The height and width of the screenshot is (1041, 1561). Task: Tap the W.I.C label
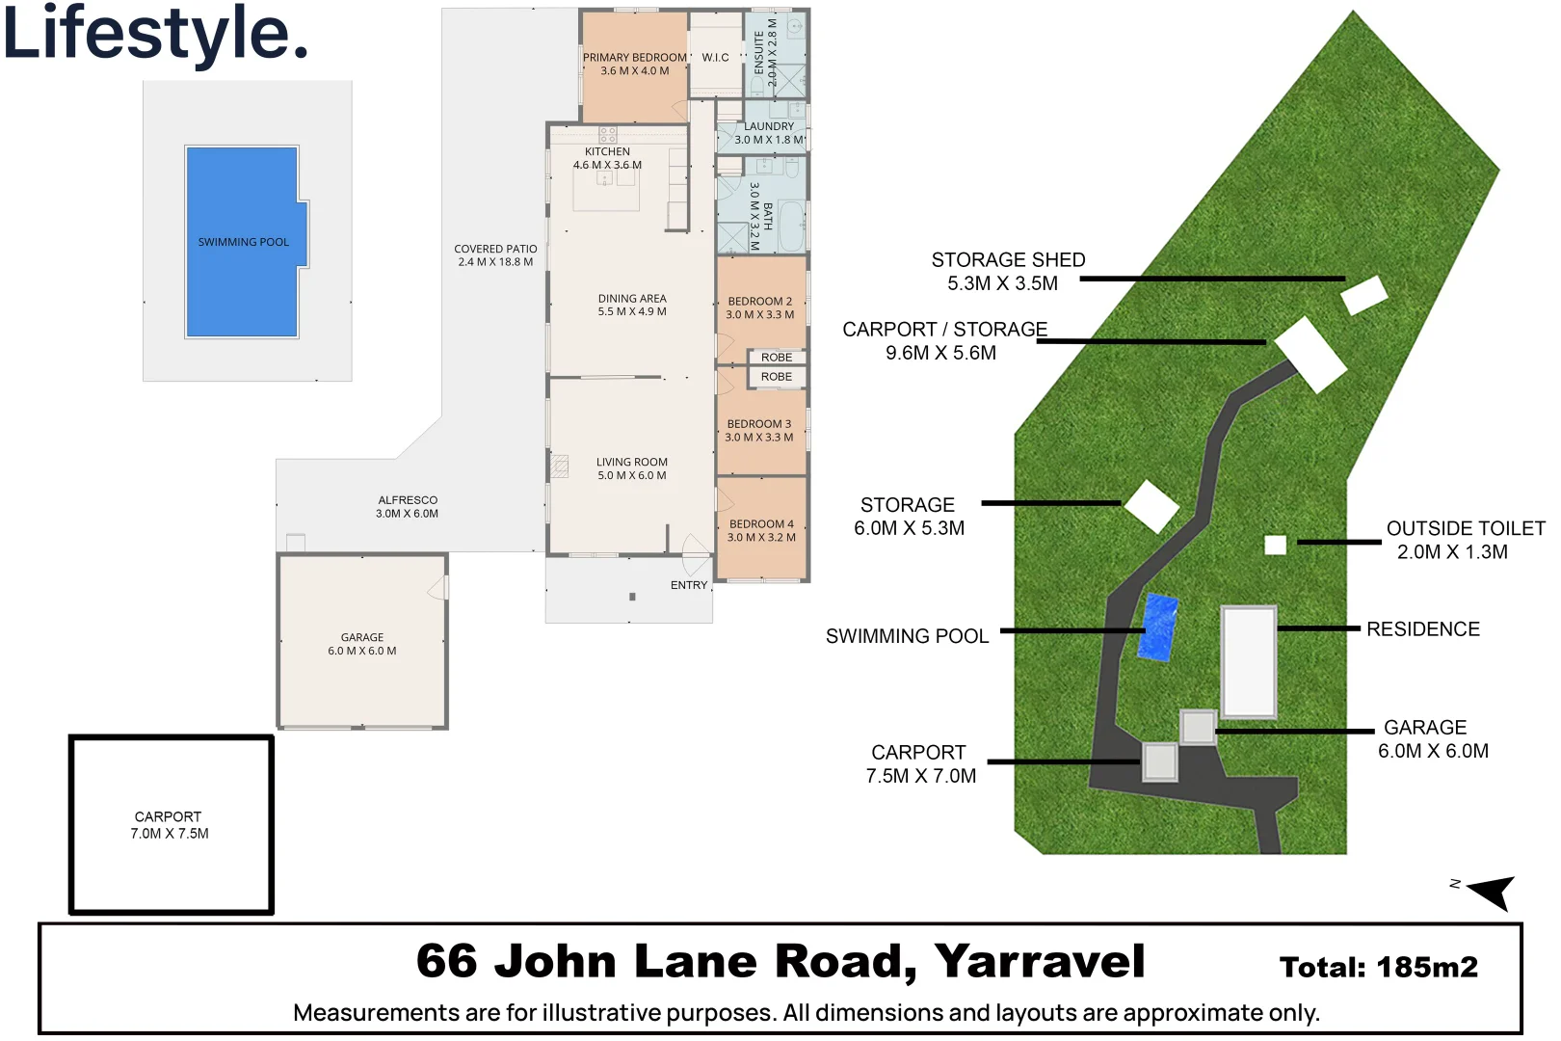tap(715, 58)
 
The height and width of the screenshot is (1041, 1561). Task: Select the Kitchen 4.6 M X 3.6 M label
tap(607, 158)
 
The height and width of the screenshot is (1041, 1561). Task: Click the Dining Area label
tap(632, 305)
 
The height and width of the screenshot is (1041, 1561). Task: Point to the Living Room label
tap(632, 468)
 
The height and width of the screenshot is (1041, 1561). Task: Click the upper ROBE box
tap(777, 358)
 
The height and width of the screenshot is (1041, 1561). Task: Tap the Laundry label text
tap(769, 126)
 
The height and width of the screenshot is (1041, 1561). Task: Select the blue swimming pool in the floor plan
tap(243, 241)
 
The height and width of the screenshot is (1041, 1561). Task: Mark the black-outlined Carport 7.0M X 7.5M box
tap(171, 824)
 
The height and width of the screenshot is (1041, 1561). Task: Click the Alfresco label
tap(408, 507)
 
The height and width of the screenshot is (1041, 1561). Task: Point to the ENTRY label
tap(689, 585)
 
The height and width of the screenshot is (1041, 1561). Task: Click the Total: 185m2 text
tap(1378, 967)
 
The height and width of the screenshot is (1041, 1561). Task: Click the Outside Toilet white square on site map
tap(1275, 546)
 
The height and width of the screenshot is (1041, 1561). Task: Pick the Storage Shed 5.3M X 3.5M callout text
tap(1007, 272)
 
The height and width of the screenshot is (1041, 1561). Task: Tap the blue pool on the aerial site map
tap(1157, 627)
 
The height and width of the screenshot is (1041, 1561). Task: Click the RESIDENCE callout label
tap(1422, 629)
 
